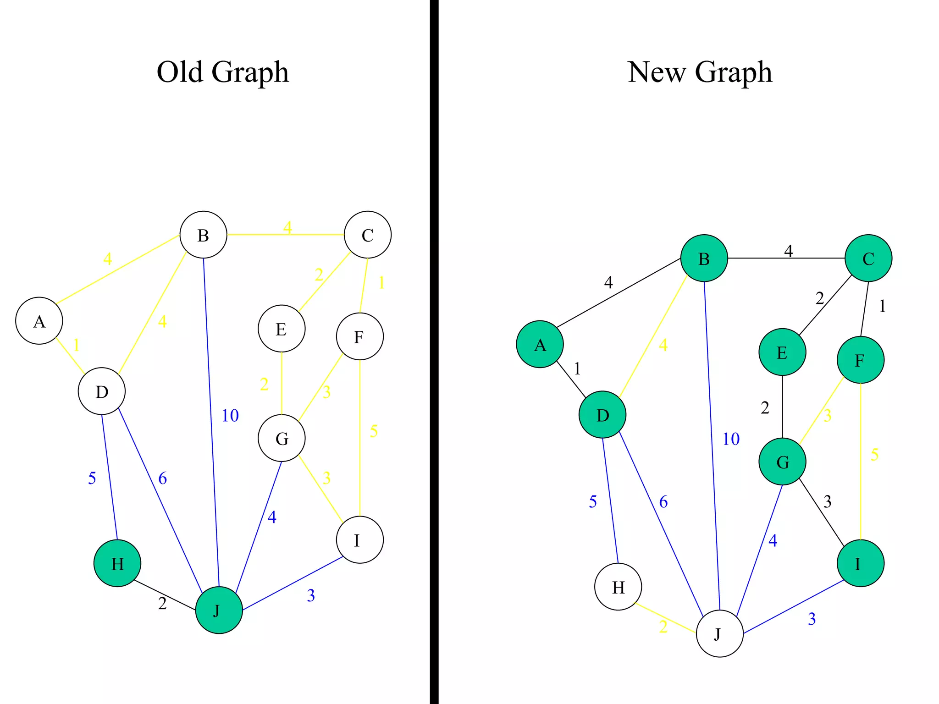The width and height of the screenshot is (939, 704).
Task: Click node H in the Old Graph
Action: (x=117, y=563)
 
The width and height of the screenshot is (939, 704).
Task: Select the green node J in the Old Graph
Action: (x=219, y=610)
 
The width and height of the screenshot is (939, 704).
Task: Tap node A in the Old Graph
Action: (x=39, y=321)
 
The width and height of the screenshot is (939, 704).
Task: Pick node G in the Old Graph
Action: (x=282, y=438)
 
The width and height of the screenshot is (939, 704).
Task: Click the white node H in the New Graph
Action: (x=618, y=587)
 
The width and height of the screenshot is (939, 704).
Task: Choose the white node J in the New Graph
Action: (x=719, y=634)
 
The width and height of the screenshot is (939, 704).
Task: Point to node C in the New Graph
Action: (x=868, y=258)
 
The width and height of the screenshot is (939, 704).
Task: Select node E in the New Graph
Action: (x=782, y=352)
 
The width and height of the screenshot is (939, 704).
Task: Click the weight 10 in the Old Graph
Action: (x=230, y=416)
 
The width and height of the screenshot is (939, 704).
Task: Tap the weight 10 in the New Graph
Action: (x=731, y=439)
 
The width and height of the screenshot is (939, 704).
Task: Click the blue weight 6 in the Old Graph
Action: (x=163, y=478)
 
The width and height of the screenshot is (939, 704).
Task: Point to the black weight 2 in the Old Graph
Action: (x=162, y=604)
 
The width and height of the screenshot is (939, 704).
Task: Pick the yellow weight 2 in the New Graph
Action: (x=663, y=627)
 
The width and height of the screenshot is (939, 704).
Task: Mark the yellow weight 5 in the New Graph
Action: (x=875, y=455)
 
